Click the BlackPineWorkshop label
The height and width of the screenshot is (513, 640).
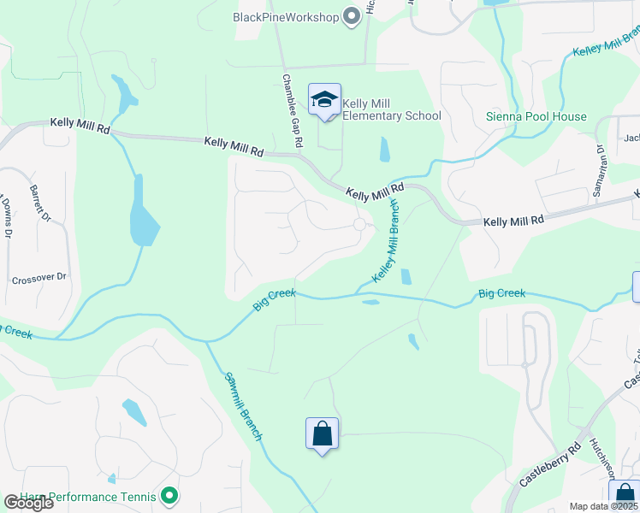pos(286,17)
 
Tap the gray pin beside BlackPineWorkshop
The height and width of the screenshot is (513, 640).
pos(351,17)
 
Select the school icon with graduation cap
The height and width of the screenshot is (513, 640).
pos(324,101)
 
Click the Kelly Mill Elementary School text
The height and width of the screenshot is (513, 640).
pos(392,110)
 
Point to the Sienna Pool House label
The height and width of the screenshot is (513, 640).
pos(536,116)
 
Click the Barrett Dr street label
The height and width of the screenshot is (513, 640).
pos(41,203)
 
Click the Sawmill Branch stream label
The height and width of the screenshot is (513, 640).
pos(244,406)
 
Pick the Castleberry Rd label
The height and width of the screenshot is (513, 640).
pos(550,463)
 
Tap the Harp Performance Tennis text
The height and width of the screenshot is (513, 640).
pos(81,496)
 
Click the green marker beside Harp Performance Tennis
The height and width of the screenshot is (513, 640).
pos(169,496)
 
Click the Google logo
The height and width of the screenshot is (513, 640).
pos(27,503)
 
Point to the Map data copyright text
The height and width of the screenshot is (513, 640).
pos(604,506)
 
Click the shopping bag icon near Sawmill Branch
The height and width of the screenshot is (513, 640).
pos(323,433)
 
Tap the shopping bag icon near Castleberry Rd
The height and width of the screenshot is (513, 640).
pos(625,496)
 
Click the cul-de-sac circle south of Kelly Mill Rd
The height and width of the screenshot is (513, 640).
pos(360,224)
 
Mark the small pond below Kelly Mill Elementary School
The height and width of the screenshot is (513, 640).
pos(384,150)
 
